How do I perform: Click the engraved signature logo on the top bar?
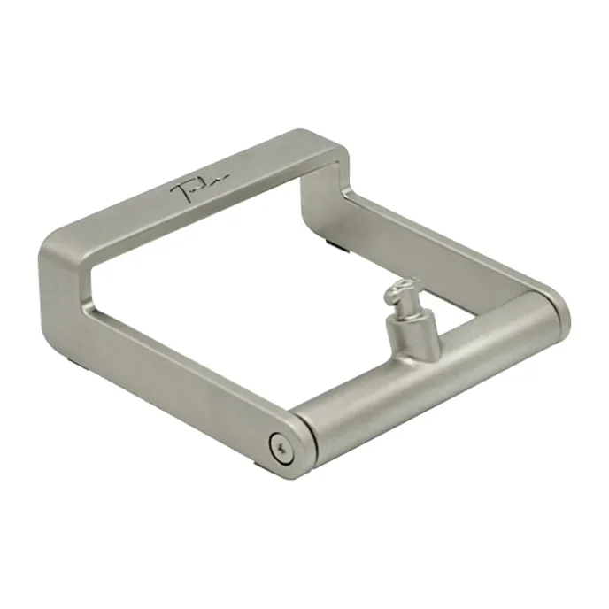click(x=200, y=187)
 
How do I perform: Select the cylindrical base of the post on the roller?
click(x=403, y=332)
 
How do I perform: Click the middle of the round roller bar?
click(x=425, y=372)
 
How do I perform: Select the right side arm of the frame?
click(x=443, y=243)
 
